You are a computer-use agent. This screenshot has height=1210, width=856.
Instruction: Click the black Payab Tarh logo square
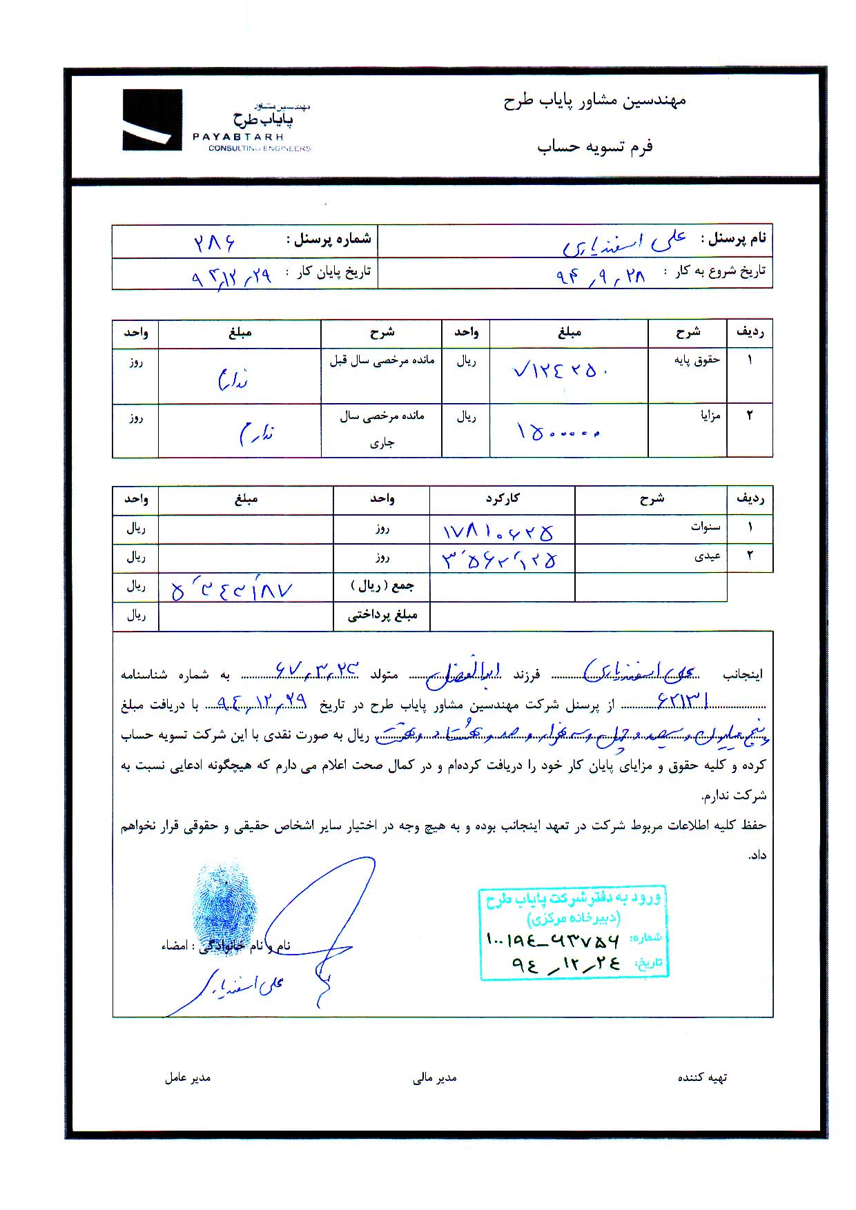(x=152, y=119)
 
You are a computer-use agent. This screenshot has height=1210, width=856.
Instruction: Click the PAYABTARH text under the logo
(x=238, y=137)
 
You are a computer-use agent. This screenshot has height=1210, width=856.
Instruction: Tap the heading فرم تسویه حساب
(x=594, y=146)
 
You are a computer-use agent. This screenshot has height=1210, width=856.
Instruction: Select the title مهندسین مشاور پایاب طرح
(x=594, y=101)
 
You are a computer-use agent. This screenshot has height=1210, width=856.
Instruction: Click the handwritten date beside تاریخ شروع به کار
(x=601, y=276)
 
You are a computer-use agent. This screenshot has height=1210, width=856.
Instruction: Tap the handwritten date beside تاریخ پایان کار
(x=232, y=277)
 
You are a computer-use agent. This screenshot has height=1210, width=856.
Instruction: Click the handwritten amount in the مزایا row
(x=558, y=432)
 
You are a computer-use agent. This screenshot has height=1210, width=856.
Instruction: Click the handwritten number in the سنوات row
(x=498, y=531)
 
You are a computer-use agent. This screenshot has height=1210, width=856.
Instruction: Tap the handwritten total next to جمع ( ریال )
(x=232, y=589)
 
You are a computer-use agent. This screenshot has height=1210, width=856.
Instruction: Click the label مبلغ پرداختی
(x=382, y=615)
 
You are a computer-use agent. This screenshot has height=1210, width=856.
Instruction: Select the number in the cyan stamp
(x=553, y=939)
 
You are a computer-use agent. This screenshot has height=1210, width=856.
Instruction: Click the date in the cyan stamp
(x=566, y=964)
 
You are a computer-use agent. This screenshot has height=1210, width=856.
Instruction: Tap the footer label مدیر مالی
(x=434, y=1078)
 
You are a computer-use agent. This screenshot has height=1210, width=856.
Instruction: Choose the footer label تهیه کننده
(x=702, y=1077)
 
